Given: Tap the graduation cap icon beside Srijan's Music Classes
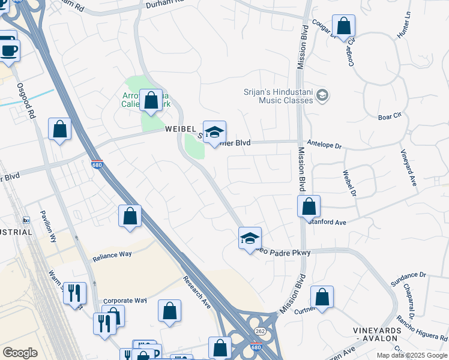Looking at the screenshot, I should tap(323, 95).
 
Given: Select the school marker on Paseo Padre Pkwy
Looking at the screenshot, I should tap(250, 238).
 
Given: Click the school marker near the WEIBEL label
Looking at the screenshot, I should tap(214, 132).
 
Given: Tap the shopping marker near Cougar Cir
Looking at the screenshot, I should tap(344, 26).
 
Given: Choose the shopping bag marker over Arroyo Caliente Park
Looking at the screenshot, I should tap(151, 100).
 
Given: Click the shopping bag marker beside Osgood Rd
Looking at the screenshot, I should tap(60, 128).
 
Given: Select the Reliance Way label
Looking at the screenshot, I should tap(112, 254).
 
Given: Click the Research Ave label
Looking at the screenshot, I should tap(197, 290).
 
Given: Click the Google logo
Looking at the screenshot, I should tap(20, 353).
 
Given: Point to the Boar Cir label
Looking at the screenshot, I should tap(389, 116).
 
